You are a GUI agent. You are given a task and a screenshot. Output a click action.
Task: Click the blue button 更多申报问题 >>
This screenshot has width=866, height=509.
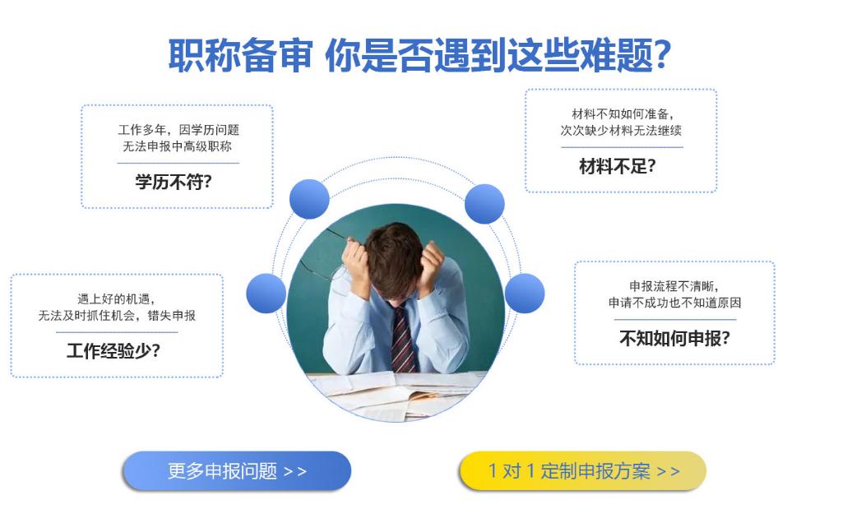(236, 471)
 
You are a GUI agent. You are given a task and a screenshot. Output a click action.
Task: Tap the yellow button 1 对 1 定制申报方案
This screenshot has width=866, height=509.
(582, 471)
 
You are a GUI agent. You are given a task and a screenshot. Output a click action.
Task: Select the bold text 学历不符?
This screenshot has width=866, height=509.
(174, 182)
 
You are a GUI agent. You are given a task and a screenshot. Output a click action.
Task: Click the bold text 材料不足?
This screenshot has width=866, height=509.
(618, 165)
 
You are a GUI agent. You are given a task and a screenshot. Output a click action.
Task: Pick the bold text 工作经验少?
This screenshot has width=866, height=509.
(113, 350)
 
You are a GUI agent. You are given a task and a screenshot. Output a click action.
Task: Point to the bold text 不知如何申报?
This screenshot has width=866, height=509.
(675, 338)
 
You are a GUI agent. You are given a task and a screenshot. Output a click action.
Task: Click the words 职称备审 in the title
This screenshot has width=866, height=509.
(240, 55)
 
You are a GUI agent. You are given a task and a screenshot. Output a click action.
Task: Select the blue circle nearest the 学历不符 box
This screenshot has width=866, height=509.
(309, 199)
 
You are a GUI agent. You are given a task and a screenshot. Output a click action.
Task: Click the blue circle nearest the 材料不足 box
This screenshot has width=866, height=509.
(484, 204)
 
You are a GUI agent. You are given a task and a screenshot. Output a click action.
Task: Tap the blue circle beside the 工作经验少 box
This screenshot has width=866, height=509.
(266, 293)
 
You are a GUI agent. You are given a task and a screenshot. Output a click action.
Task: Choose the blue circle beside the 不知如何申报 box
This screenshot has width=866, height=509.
(525, 293)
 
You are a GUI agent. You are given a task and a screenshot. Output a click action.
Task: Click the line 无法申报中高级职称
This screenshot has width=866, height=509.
(178, 146)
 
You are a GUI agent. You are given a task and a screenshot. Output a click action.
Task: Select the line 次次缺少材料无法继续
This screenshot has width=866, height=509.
(621, 130)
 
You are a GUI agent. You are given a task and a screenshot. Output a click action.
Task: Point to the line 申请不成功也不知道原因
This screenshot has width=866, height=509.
(675, 303)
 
